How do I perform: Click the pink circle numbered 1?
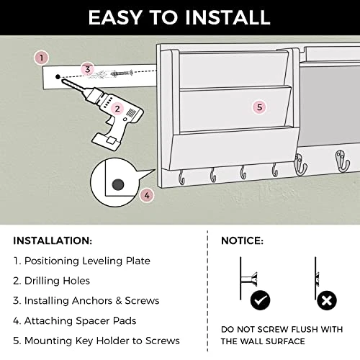[x=41, y=58]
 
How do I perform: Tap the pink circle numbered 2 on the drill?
[x=117, y=109]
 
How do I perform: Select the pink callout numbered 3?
[x=88, y=69]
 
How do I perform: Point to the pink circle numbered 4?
[x=147, y=195]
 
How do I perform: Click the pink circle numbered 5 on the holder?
[x=259, y=107]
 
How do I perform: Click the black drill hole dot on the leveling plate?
[x=58, y=77]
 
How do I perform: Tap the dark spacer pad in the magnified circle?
[x=118, y=185]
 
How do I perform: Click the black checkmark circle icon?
[x=260, y=300]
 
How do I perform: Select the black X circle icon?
[x=326, y=300]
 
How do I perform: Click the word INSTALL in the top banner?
[x=228, y=17]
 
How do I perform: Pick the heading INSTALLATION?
[x=53, y=240]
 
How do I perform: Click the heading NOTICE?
[x=242, y=240]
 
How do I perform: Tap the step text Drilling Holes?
[x=57, y=281]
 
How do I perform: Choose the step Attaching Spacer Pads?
[x=80, y=321]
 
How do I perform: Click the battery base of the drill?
[x=107, y=142]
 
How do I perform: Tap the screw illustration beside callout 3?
[x=122, y=73]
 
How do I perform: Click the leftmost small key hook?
[x=181, y=178]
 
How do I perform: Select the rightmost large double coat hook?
[x=342, y=161]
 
